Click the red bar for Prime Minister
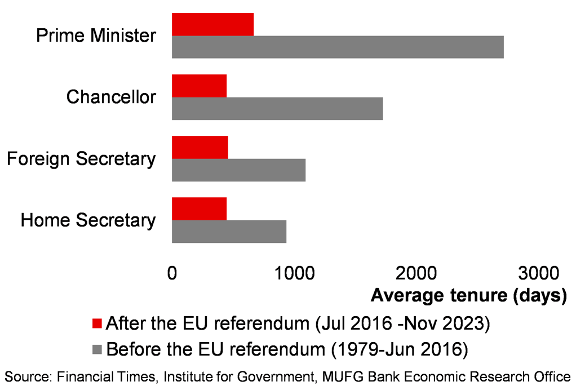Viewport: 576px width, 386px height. (212, 24)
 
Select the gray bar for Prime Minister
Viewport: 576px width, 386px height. (338, 47)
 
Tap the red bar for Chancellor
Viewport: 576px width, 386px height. (199, 86)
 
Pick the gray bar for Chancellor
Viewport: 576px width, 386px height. (277, 108)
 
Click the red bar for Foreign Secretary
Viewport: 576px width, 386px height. (200, 147)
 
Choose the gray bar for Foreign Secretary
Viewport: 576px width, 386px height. (238, 170)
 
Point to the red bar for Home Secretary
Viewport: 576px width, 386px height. (199, 208)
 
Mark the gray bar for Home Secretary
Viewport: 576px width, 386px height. (229, 231)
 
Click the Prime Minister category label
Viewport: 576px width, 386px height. (96, 36)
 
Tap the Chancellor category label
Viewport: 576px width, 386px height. (111, 97)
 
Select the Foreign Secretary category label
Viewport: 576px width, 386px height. (81, 158)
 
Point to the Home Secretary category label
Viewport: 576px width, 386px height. (88, 220)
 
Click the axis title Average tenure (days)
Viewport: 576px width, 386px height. (468, 295)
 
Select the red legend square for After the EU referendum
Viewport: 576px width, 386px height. (96, 323)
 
